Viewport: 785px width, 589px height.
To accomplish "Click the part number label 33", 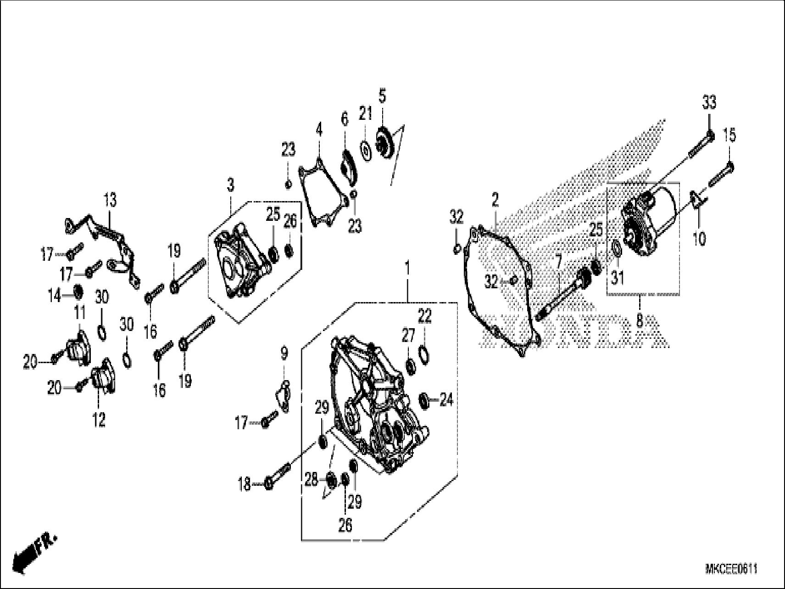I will coord(709,102).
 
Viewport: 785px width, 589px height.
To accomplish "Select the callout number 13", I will coord(110,200).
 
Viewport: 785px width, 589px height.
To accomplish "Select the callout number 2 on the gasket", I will coord(495,200).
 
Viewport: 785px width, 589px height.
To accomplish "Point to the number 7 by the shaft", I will coord(558,263).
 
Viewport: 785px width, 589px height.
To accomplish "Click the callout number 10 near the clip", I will coord(699,239).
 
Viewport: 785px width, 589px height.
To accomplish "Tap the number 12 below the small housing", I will coord(99,419).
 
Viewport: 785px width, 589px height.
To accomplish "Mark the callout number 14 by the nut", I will coord(54,296).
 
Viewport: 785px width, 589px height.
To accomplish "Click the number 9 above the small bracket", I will coord(284,353).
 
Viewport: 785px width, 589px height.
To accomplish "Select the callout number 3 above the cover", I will coord(230,185).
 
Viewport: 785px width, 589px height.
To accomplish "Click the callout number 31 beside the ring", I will coord(618,277).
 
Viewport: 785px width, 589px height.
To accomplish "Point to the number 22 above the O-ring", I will coord(425,315).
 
